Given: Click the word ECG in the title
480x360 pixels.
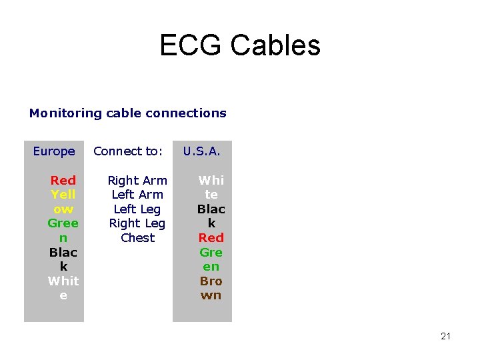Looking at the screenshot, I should (x=191, y=45).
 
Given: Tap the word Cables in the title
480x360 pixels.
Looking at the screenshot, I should (x=275, y=45).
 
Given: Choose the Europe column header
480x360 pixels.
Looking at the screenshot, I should (x=54, y=151).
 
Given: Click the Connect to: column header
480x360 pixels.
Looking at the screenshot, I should (x=128, y=151).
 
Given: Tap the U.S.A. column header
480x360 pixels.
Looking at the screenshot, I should (x=201, y=151).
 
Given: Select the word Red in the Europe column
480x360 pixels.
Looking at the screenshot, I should (x=63, y=180).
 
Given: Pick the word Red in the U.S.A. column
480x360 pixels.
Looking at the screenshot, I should (x=211, y=238).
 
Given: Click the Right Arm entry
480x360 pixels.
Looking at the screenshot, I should (x=137, y=180).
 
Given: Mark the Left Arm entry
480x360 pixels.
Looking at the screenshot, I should (x=137, y=195).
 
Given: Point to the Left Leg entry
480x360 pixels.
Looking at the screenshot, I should (x=137, y=209).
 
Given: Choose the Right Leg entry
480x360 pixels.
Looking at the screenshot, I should (x=137, y=223).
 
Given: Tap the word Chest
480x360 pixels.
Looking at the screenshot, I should (x=137, y=238).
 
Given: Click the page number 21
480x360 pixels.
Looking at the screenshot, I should (x=445, y=336).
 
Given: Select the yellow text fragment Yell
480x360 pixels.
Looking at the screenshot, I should (x=63, y=195).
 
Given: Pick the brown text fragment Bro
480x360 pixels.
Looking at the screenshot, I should (x=211, y=281).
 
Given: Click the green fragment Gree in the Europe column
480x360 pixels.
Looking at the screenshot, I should (x=63, y=223).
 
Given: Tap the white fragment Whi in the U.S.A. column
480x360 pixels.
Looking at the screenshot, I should (x=211, y=180).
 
